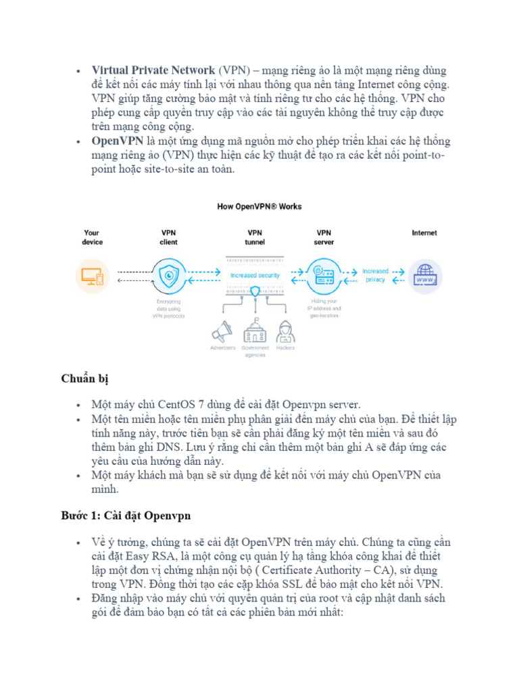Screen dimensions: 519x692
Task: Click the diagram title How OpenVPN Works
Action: [x=259, y=207]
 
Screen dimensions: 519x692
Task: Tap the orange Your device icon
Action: [x=91, y=276]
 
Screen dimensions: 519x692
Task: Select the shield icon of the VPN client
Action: [x=168, y=276]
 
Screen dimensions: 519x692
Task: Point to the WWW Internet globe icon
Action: [x=425, y=276]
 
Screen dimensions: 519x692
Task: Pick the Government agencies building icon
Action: [x=255, y=330]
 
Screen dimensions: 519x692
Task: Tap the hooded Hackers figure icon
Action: [x=286, y=330]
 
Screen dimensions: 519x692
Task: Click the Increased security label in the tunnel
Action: [x=255, y=276]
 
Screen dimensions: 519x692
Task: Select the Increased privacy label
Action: [x=375, y=275]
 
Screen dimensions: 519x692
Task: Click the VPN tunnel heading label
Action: [x=255, y=237]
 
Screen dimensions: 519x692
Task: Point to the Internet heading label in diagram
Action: [x=424, y=233]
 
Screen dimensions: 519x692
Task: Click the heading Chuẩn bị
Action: [x=84, y=379]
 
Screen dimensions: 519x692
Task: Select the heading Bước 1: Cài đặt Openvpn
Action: [x=126, y=516]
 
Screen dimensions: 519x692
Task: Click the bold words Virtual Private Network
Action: [x=153, y=71]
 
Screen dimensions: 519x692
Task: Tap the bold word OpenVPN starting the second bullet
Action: [x=117, y=141]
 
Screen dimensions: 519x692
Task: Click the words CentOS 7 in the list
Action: [x=180, y=405]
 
